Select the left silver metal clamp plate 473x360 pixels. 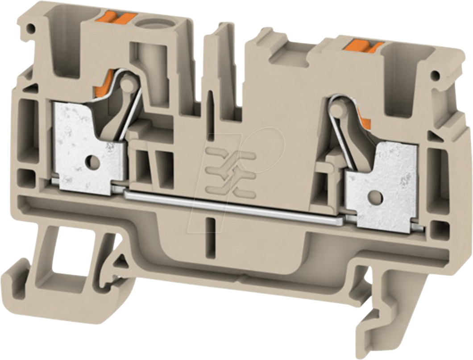tap(85, 147)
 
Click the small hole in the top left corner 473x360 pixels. tap(31, 29)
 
